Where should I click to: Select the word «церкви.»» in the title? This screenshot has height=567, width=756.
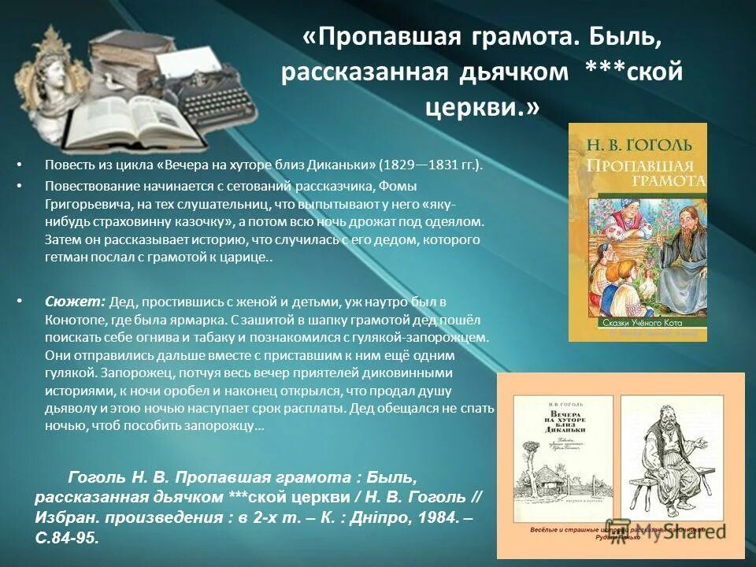click(x=482, y=106)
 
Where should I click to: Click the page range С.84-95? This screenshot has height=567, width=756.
click(x=69, y=537)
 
